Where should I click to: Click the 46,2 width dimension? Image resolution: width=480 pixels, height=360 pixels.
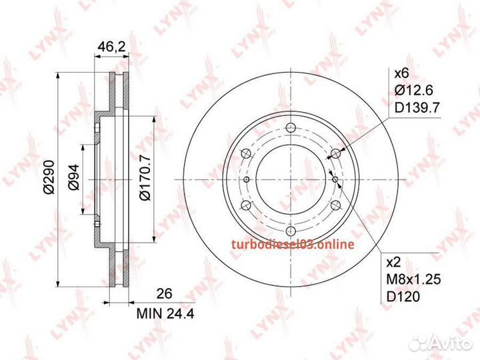tap(112, 47)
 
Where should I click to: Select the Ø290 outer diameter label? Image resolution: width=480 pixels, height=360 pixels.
tap(49, 177)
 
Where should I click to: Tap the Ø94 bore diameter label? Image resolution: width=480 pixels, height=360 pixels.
tap(73, 177)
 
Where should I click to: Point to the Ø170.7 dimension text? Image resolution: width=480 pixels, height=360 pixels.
tap(145, 178)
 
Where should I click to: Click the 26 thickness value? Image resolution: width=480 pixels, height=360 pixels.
tap(165, 293)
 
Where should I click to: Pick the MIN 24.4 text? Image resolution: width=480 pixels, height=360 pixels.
tap(165, 314)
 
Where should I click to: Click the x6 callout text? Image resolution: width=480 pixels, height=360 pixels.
tap(401, 73)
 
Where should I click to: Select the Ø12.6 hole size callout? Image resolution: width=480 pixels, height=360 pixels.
tap(413, 90)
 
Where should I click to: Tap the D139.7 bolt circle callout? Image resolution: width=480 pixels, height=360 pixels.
tap(417, 107)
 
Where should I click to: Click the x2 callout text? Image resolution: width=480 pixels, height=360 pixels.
tap(394, 263)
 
